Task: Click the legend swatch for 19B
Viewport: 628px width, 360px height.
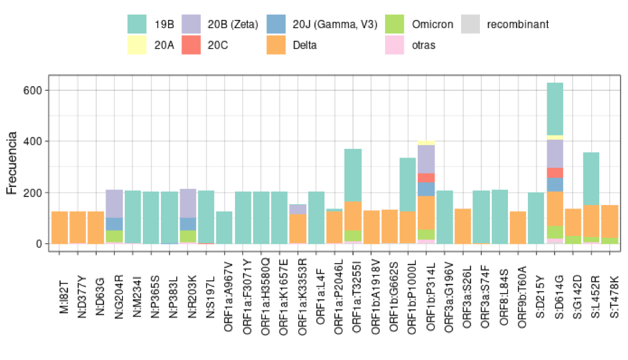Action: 137,25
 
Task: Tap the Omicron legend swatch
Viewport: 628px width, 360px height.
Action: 395,25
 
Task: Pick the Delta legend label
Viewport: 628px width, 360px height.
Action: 304,45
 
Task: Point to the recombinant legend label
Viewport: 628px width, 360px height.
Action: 518,25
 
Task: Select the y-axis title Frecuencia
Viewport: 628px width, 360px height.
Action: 12,163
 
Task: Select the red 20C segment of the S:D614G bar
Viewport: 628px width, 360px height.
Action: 555,172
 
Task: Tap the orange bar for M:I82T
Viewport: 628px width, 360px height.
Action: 60,227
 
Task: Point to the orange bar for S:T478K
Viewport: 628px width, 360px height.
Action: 609,221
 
